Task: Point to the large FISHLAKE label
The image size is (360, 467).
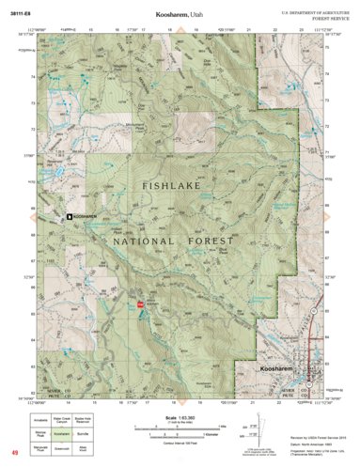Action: coord(174,188)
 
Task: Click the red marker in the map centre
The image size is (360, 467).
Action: coord(141,304)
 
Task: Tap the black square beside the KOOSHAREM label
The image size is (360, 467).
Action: coord(69,217)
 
